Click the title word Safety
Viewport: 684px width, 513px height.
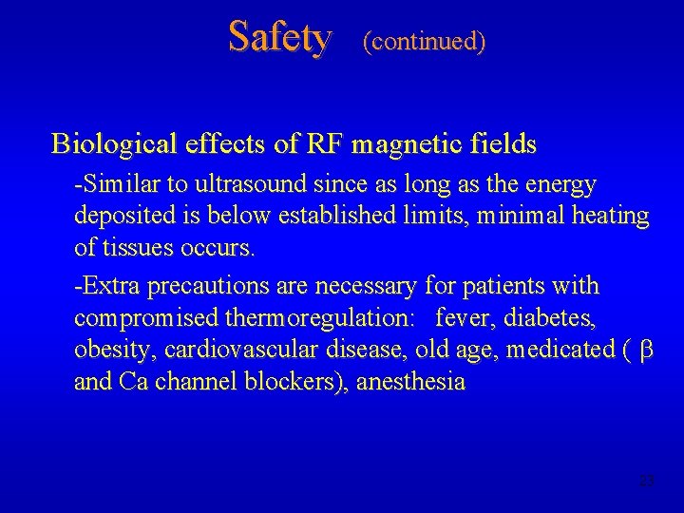[x=280, y=38]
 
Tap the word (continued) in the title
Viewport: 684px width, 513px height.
[x=424, y=41]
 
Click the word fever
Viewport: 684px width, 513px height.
[x=460, y=317]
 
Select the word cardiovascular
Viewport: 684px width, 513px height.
[x=242, y=350]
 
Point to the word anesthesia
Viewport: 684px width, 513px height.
[x=410, y=382]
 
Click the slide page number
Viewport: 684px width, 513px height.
[x=647, y=481]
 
